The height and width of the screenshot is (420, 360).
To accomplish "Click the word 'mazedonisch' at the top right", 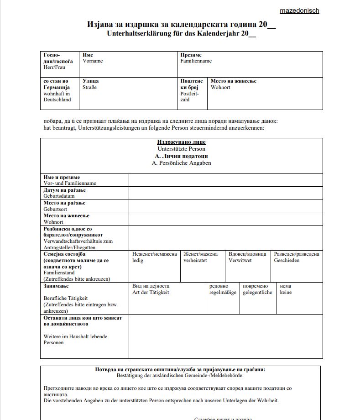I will pyautogui.click(x=299, y=10).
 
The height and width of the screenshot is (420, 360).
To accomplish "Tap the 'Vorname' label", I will pyautogui.click(x=93, y=61).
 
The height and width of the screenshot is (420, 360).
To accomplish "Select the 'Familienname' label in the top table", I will pyautogui.click(x=196, y=61).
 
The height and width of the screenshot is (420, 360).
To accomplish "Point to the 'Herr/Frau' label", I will pyautogui.click(x=55, y=67).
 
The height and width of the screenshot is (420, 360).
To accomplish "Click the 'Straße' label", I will pyautogui.click(x=90, y=87).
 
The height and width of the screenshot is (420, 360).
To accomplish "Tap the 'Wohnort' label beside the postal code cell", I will pyautogui.click(x=220, y=87).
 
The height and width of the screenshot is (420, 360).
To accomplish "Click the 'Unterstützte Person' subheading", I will pyautogui.click(x=181, y=149).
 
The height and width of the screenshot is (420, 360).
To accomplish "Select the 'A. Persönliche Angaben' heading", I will pyautogui.click(x=181, y=163).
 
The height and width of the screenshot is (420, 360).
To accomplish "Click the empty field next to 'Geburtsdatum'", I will pyautogui.click(x=225, y=193).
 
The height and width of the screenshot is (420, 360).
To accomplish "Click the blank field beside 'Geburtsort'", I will pyautogui.click(x=225, y=206).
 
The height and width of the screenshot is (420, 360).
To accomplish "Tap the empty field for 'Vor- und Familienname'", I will pyautogui.click(x=225, y=180).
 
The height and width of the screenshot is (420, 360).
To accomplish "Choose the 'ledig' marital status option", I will pyautogui.click(x=138, y=261).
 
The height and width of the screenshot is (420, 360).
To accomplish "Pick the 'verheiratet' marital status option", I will pyautogui.click(x=195, y=261).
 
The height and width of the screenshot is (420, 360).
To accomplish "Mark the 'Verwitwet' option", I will pyautogui.click(x=240, y=261).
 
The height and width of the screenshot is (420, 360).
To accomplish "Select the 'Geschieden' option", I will pyautogui.click(x=287, y=261).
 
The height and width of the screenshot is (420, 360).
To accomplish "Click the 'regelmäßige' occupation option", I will pyautogui.click(x=223, y=293).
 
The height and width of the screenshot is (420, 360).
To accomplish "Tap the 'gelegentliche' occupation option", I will pyautogui.click(x=257, y=293).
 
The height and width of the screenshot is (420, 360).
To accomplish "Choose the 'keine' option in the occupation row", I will pyautogui.click(x=286, y=293).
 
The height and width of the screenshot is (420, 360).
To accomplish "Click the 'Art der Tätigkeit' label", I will pyautogui.click(x=151, y=293).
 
